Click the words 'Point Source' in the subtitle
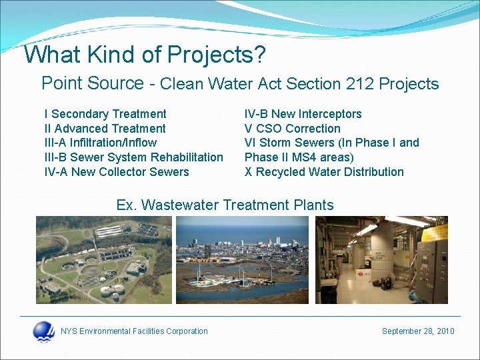point(92,83)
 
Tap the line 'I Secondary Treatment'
point(105,114)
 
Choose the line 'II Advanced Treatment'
point(105,129)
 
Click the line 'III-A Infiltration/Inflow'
point(100,143)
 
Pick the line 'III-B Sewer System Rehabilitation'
point(133,157)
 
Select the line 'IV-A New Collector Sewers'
point(116,172)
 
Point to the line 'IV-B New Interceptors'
point(303,114)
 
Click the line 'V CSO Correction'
point(292,129)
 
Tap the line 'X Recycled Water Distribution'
point(324,172)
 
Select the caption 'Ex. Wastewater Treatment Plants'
point(225,205)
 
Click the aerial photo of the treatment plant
point(103,259)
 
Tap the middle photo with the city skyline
point(242,259)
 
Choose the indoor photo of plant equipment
point(381,259)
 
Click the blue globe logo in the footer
point(44,331)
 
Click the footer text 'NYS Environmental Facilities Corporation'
point(134,331)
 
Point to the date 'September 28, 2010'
point(417,331)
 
